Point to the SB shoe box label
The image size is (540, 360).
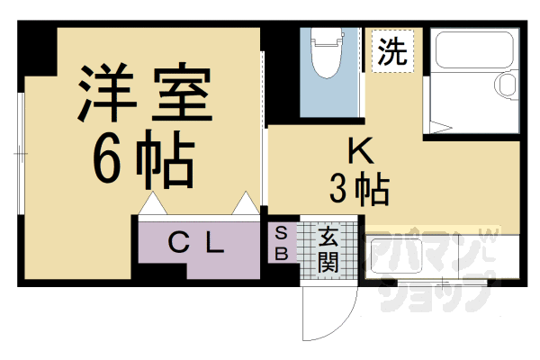tap(280, 243)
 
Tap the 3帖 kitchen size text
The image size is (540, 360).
tap(358, 190)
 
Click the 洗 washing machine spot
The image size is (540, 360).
tap(391, 50)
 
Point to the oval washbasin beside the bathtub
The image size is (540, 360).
tap(505, 86)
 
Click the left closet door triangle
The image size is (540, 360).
tap(151, 205)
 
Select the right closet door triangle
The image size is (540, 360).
tap(244, 205)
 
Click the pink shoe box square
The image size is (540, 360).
tap(280, 243)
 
